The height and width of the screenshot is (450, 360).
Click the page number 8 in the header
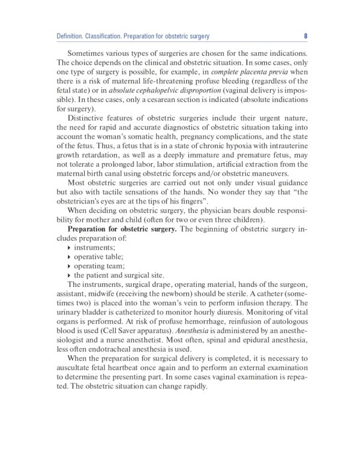click(x=305, y=37)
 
